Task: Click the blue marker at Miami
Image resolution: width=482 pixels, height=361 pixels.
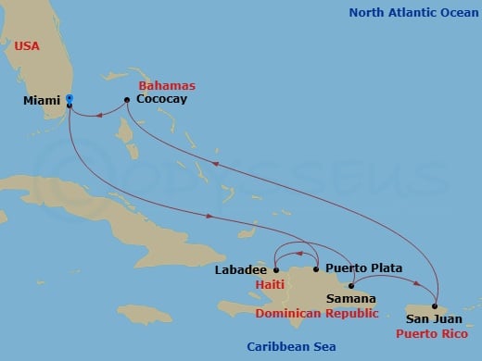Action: tap(70, 98)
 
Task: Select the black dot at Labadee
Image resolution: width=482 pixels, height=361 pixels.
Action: tap(276, 269)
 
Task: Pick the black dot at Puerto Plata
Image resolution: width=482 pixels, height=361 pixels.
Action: tap(317, 269)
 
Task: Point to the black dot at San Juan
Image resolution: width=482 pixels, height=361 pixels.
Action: tap(433, 305)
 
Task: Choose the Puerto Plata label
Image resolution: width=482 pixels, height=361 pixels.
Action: tap(364, 268)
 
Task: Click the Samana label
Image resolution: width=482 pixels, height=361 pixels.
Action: tap(350, 299)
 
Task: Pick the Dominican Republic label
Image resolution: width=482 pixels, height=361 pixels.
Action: tap(316, 313)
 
